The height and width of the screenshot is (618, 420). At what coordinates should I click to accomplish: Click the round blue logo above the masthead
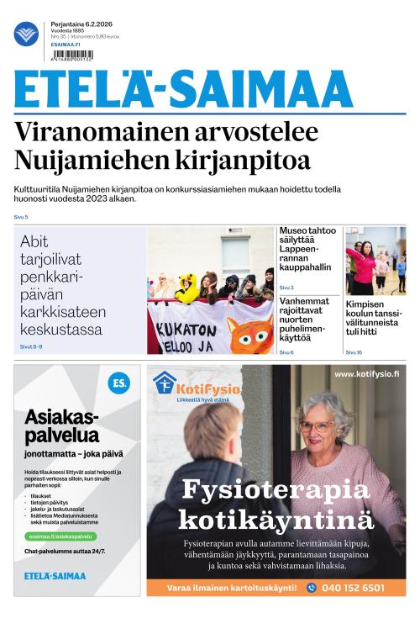click(x=26, y=34)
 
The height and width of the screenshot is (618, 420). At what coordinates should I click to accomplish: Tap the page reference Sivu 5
click(x=21, y=217)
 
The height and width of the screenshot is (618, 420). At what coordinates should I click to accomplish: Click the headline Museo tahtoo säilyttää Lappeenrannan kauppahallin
click(x=307, y=249)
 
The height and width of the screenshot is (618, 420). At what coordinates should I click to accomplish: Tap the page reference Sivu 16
click(x=354, y=352)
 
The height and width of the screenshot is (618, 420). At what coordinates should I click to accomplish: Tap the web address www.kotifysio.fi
click(x=367, y=374)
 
